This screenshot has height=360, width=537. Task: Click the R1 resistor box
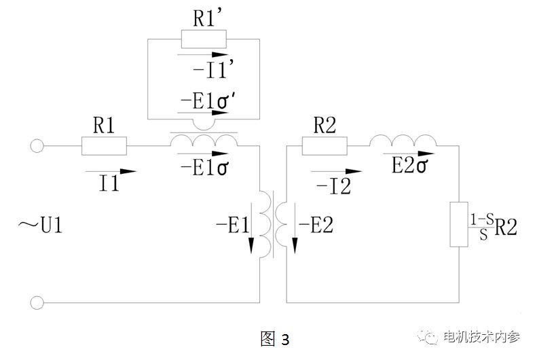tap(104, 146)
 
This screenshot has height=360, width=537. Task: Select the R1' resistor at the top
tap(204, 39)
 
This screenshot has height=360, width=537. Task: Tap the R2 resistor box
tap(325, 145)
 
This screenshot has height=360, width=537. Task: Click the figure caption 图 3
tap(275, 338)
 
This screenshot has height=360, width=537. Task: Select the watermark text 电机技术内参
tap(480, 338)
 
